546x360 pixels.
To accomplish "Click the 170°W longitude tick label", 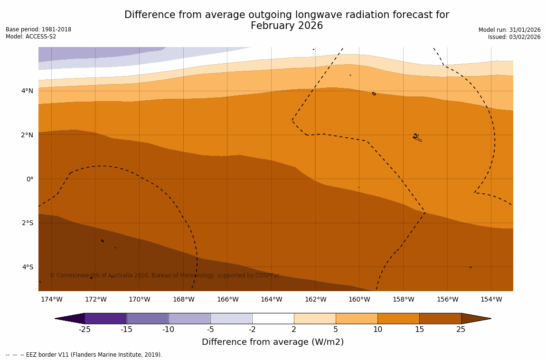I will coord(139,299).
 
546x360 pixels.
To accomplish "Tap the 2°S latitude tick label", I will coord(27,223).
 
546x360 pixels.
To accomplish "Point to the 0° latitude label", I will coord(29,179).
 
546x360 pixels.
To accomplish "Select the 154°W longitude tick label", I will coord(491,299).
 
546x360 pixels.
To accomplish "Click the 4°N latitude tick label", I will coord(27,91).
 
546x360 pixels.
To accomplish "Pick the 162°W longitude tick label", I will coord(315,299).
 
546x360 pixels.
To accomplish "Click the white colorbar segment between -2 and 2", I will coord(273,318).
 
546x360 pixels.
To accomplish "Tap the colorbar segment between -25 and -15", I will coord(105,318).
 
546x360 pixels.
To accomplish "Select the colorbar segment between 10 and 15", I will coord(398,318).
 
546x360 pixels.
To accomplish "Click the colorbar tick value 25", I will coord(461,329).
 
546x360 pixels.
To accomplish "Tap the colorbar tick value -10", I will coord(168,329).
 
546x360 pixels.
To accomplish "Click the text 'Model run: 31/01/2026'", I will coord(509,30).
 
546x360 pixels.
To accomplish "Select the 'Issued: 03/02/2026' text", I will coord(514,37).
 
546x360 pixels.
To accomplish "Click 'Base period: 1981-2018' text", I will coord(38,29).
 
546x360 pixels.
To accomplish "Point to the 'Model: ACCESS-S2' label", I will coord(31,37).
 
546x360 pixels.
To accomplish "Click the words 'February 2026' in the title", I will coord(287,26).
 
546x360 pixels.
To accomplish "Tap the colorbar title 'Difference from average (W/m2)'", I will coord(273,342).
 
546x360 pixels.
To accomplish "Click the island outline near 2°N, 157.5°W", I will coord(417,138).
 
